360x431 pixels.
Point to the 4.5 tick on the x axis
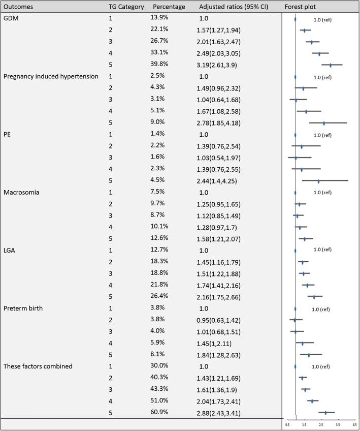pyautogui.click(x=354, y=423)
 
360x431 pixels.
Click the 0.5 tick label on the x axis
pyautogui.click(x=287, y=423)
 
